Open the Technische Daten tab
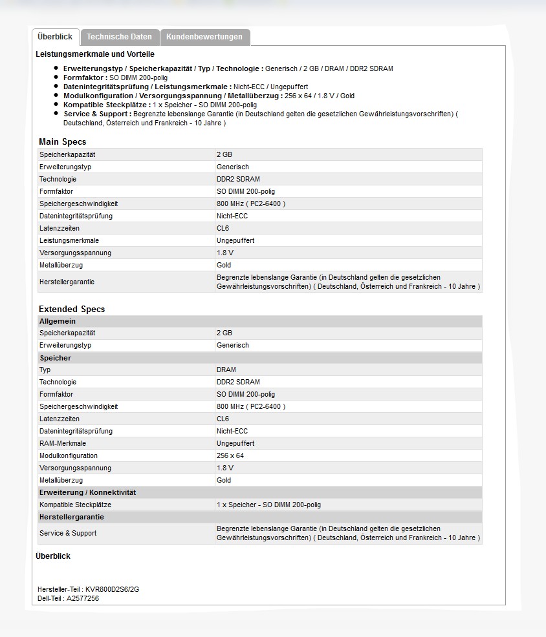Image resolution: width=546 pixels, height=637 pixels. (x=119, y=37)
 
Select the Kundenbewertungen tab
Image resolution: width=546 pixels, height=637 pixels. (x=204, y=37)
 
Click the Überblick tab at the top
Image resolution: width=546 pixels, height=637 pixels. (x=55, y=37)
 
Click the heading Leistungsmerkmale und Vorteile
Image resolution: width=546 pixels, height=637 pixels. (x=95, y=54)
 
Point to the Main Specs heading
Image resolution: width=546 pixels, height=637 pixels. (x=62, y=141)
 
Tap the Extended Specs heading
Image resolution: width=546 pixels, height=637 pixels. (x=71, y=309)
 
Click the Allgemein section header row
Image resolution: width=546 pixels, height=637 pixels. (x=58, y=321)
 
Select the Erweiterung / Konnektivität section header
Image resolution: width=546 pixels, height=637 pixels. (x=87, y=492)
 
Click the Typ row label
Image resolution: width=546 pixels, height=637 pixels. (x=45, y=370)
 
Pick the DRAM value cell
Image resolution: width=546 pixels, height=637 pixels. (x=226, y=370)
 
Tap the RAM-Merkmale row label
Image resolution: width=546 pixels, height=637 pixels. (x=63, y=444)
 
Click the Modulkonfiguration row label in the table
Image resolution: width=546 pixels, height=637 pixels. (x=69, y=456)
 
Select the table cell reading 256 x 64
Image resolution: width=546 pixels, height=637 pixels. (x=230, y=456)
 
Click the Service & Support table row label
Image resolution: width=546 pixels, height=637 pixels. (x=68, y=534)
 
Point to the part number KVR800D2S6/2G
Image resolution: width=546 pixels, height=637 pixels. (x=112, y=589)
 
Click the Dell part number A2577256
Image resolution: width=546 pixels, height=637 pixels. (x=83, y=598)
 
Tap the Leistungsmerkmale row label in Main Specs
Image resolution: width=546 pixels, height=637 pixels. (x=69, y=241)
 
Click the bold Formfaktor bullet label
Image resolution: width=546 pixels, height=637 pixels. (x=85, y=78)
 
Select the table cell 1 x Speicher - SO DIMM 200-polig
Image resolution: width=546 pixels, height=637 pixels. (x=268, y=505)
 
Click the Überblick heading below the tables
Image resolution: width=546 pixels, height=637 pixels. (x=53, y=556)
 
